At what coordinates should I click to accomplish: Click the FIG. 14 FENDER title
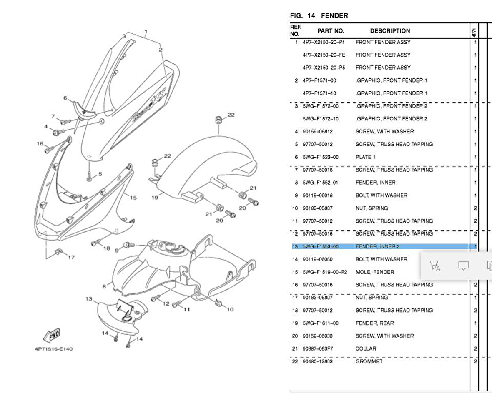click(x=319, y=16)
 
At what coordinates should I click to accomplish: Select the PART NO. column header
click(x=331, y=31)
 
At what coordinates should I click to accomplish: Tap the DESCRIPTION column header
click(x=390, y=31)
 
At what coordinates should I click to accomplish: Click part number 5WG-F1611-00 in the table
click(x=320, y=323)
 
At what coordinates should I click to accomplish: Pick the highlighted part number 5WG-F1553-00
click(x=320, y=246)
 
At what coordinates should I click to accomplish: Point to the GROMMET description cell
click(x=369, y=361)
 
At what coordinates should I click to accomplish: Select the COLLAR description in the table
click(x=366, y=348)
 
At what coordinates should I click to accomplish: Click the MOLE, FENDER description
click(x=374, y=272)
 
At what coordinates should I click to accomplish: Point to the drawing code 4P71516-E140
click(x=53, y=349)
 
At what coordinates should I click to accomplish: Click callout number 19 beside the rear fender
click(x=155, y=198)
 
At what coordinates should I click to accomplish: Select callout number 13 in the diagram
click(x=89, y=298)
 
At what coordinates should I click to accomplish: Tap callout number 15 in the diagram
click(x=133, y=198)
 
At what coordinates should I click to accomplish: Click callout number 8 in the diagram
click(x=104, y=286)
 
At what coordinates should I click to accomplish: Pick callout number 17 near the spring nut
click(x=71, y=257)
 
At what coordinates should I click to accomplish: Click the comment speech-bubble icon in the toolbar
click(x=463, y=266)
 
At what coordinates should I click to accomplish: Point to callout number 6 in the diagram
click(x=65, y=98)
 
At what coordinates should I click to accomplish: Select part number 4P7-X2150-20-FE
click(x=324, y=55)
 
